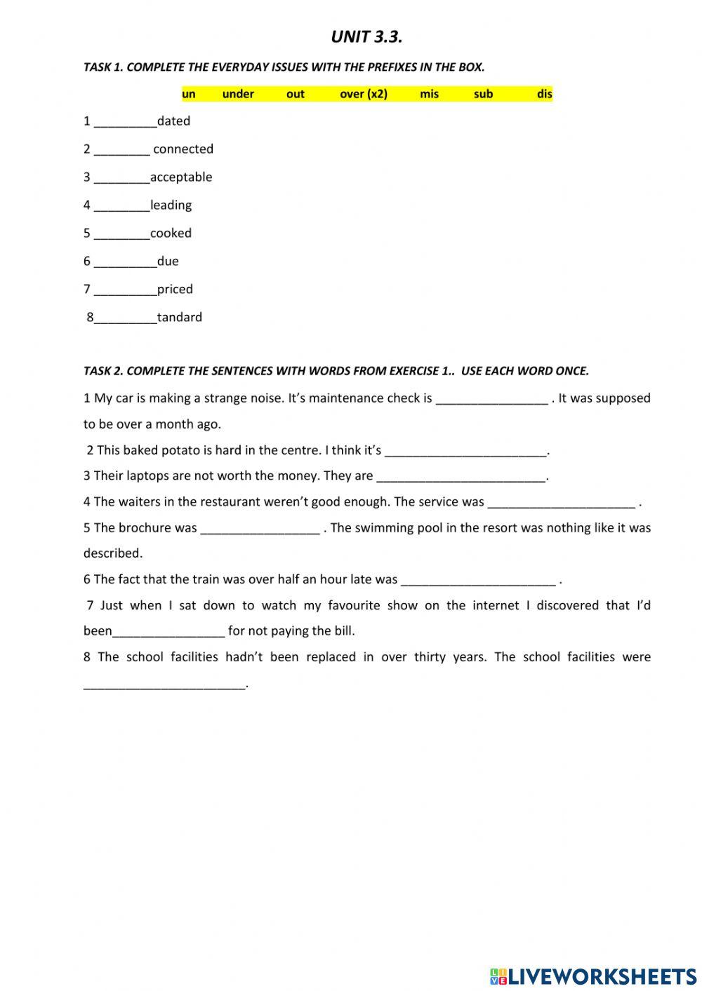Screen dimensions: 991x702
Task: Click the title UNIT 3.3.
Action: click(366, 37)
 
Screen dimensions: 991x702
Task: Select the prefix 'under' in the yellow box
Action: click(238, 94)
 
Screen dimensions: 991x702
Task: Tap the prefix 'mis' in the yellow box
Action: click(429, 94)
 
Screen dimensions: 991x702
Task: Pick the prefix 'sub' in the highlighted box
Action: click(483, 94)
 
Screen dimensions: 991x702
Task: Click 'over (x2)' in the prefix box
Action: click(363, 94)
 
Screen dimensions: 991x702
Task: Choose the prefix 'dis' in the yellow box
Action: click(545, 94)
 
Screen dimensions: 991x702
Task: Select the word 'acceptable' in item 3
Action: click(181, 177)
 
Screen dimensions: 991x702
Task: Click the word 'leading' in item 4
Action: click(171, 205)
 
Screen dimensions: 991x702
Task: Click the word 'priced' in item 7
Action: click(175, 290)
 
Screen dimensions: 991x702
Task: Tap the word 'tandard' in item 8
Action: click(180, 318)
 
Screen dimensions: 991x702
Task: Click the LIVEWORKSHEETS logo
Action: click(593, 976)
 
